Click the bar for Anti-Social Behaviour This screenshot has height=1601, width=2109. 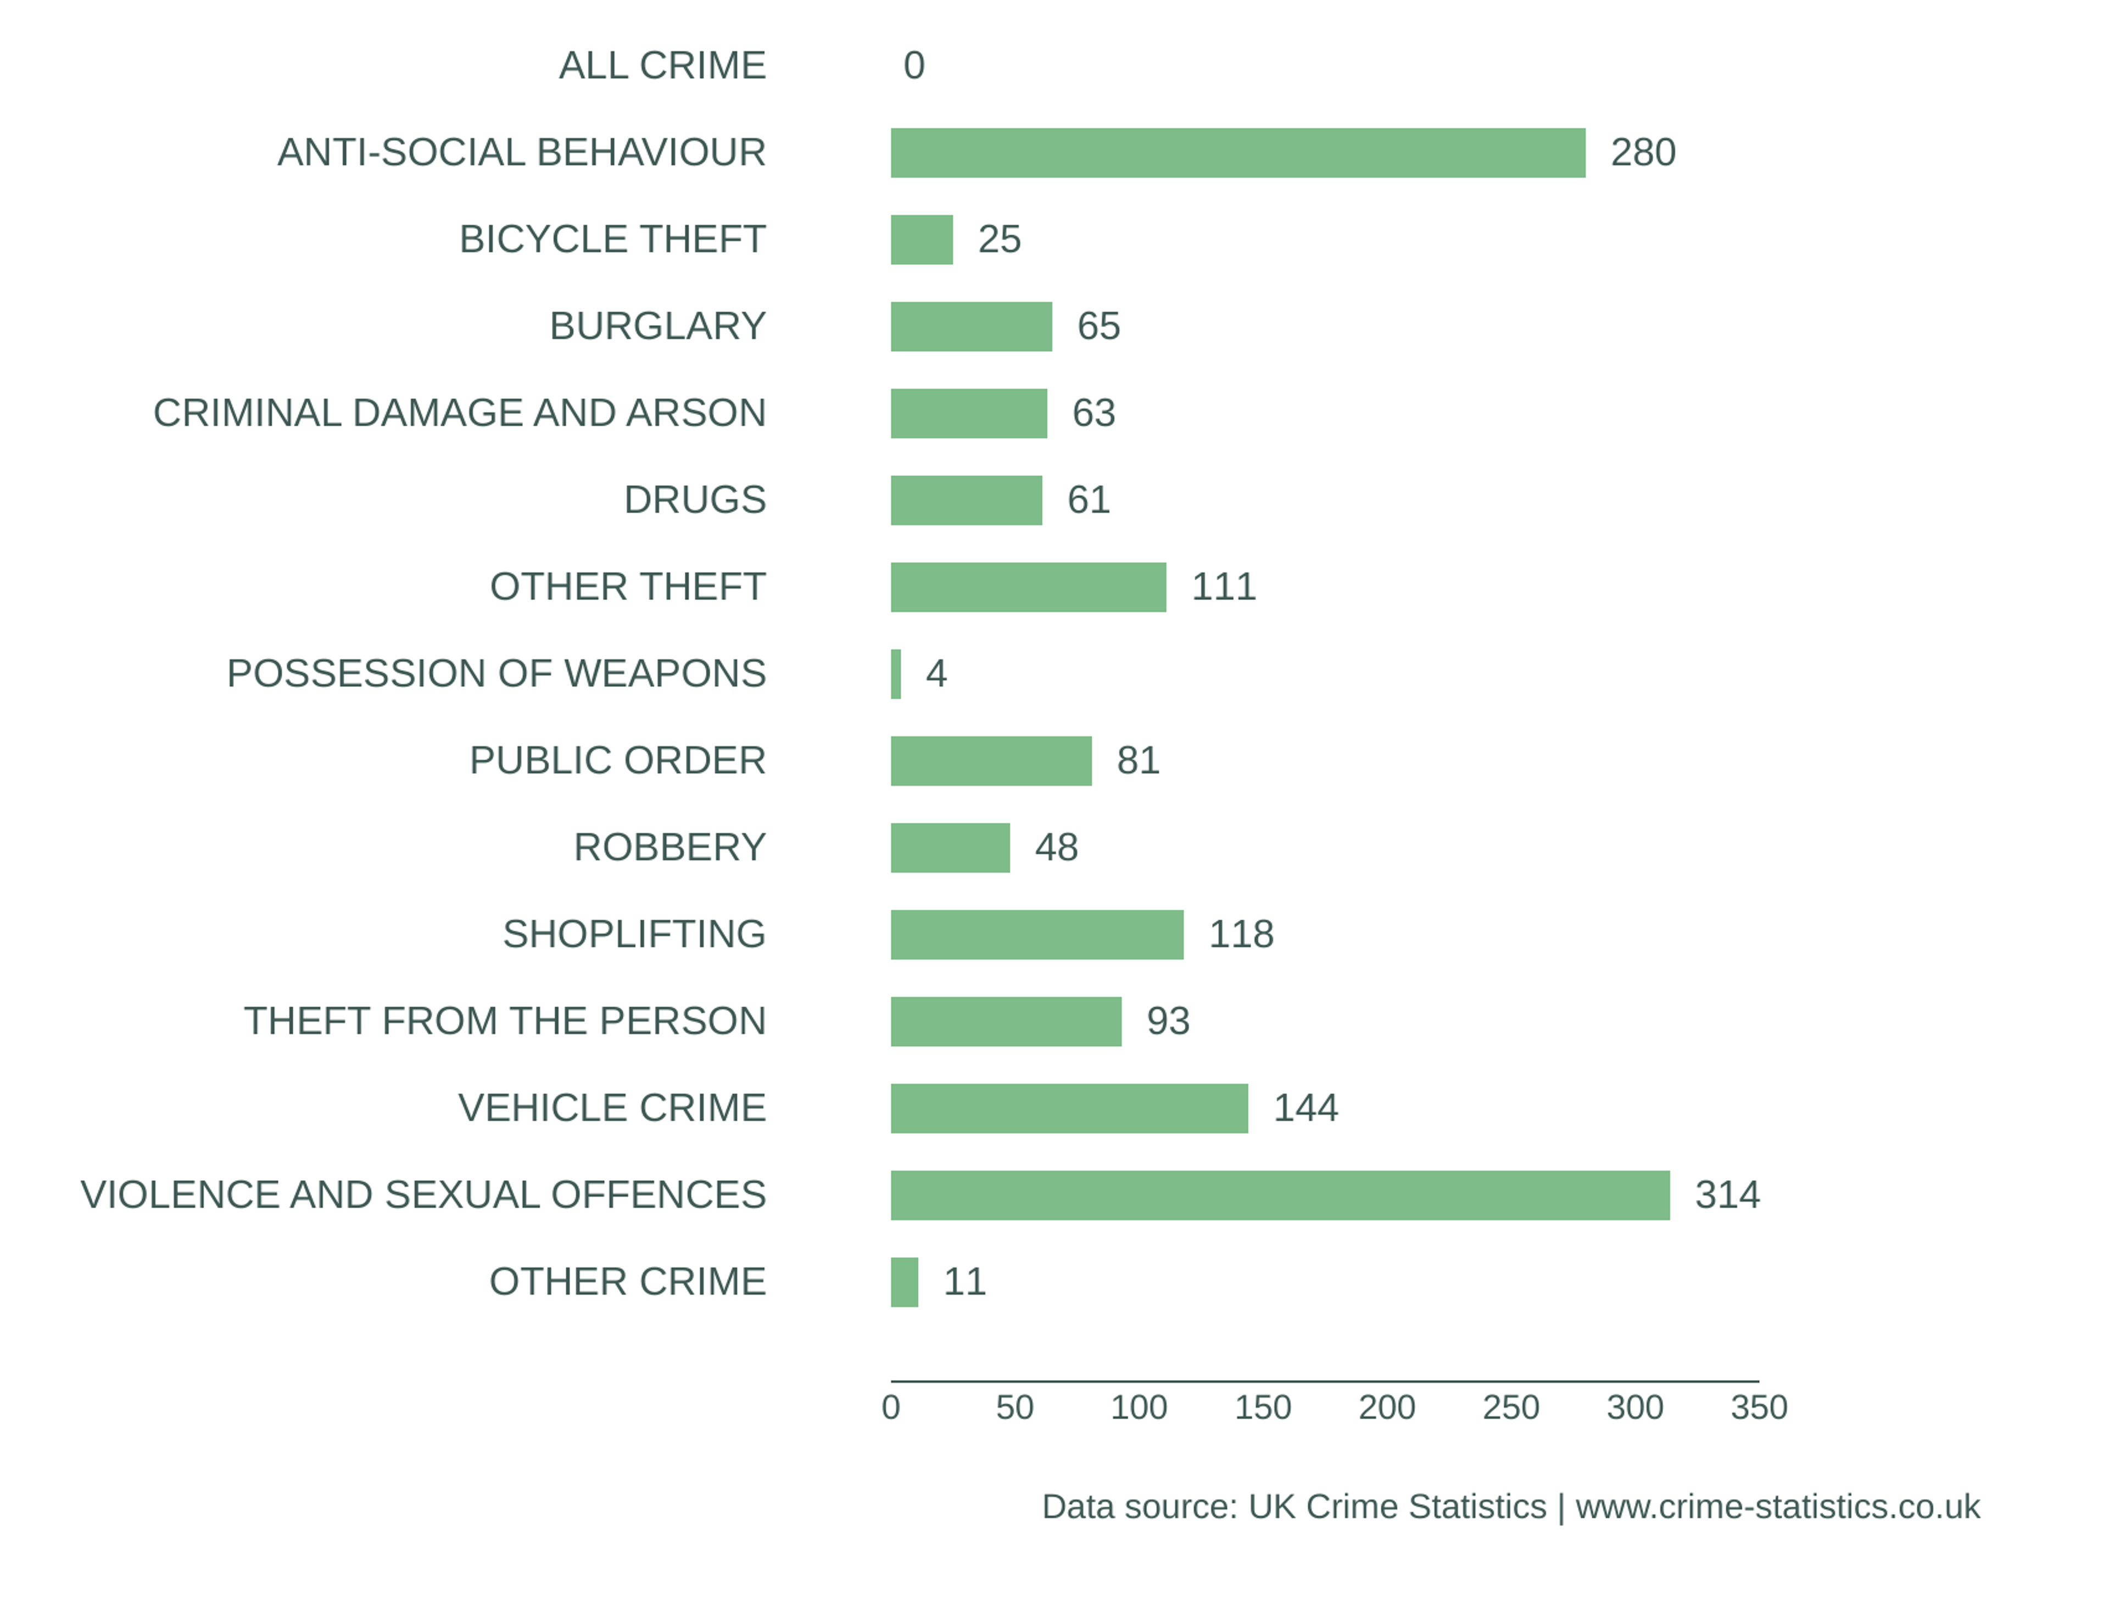pyautogui.click(x=1237, y=153)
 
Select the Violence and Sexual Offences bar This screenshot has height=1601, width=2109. pyautogui.click(x=1280, y=1195)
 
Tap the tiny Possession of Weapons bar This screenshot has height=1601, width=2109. pyautogui.click(x=895, y=674)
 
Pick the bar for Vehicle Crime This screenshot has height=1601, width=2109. pyautogui.click(x=1069, y=1108)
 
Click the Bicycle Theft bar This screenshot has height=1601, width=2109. pyautogui.click(x=921, y=240)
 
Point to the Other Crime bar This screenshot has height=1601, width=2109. pyautogui.click(x=904, y=1282)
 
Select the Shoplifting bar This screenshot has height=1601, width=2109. pyautogui.click(x=1036, y=935)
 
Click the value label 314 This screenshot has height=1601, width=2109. pyautogui.click(x=1727, y=1195)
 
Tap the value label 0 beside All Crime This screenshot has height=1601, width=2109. pyautogui.click(x=913, y=66)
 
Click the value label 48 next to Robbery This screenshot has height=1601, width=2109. pyautogui.click(x=1056, y=848)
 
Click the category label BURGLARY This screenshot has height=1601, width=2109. pyautogui.click(x=657, y=326)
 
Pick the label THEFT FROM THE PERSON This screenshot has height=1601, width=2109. pyautogui.click(x=504, y=1021)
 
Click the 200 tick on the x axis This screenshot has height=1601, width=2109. pyautogui.click(x=1386, y=1408)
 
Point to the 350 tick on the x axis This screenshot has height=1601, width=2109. pyautogui.click(x=1758, y=1408)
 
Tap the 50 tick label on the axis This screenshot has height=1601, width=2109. pyautogui.click(x=1014, y=1408)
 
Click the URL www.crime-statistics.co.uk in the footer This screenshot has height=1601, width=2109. pyautogui.click(x=1777, y=1507)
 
